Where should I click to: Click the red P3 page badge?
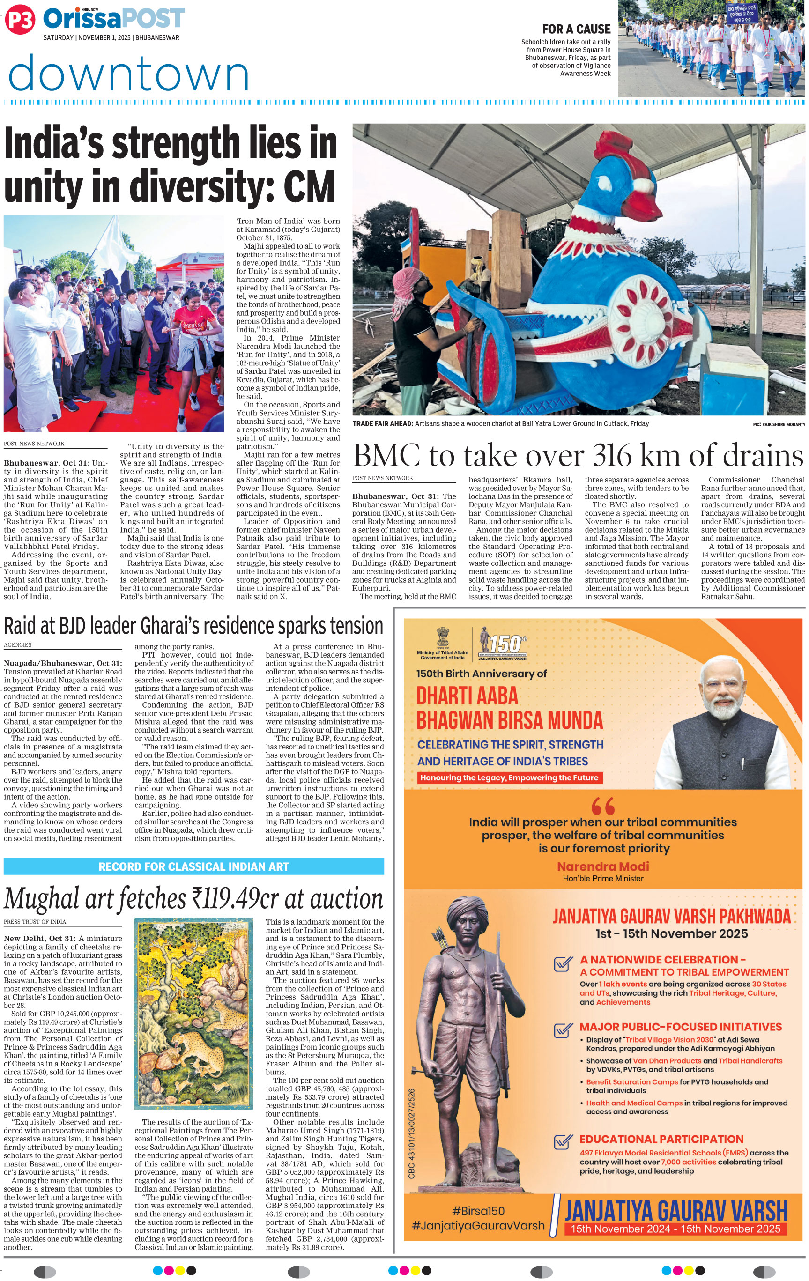click(x=20, y=20)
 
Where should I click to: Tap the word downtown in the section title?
click(x=129, y=74)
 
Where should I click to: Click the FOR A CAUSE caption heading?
click(x=576, y=29)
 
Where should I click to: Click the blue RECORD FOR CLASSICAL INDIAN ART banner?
click(x=193, y=866)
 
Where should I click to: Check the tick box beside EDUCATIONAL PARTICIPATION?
click(x=563, y=1141)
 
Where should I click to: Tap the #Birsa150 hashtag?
click(x=478, y=1210)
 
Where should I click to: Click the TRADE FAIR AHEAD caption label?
click(x=382, y=423)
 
